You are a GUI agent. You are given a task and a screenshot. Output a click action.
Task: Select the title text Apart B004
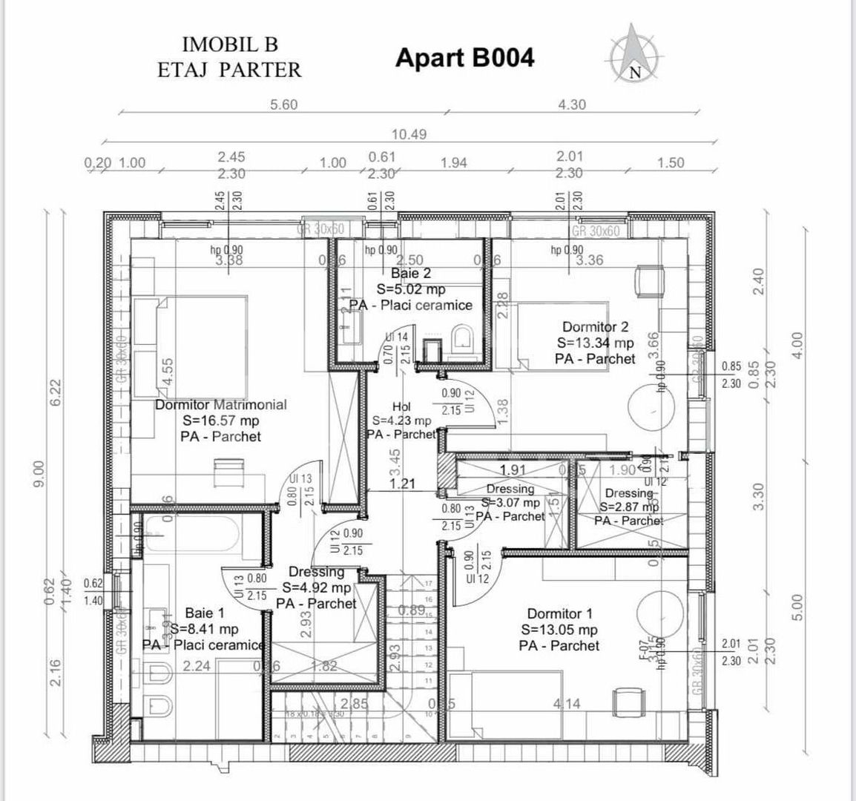click(464, 58)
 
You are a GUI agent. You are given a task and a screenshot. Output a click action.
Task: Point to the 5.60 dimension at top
click(283, 105)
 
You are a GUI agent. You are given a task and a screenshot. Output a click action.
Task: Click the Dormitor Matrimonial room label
click(220, 405)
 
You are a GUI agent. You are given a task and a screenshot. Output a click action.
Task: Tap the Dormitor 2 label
click(595, 326)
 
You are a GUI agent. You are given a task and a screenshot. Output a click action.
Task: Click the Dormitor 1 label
click(559, 613)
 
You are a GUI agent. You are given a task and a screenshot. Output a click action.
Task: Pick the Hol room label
click(401, 406)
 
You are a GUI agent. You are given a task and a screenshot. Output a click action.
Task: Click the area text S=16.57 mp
click(220, 421)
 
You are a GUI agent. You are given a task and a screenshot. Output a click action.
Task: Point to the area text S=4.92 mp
click(316, 587)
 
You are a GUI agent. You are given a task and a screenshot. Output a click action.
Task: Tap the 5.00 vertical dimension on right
click(797, 608)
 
